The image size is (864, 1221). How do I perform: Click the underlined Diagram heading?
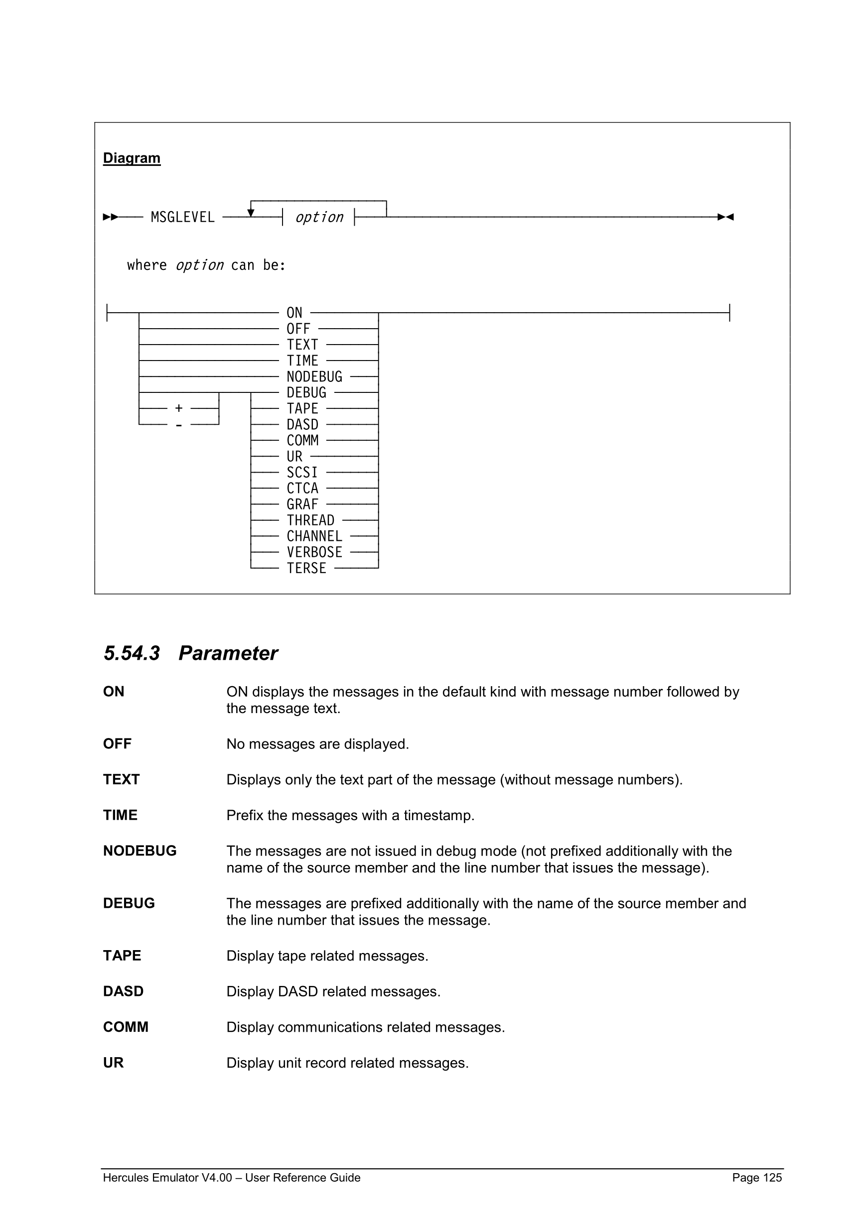click(x=132, y=158)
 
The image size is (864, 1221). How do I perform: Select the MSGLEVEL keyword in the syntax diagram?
click(x=182, y=217)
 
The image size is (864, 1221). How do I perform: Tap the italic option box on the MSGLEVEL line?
click(x=319, y=217)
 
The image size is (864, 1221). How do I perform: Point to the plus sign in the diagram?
click(x=179, y=408)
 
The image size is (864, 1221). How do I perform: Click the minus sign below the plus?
click(x=179, y=425)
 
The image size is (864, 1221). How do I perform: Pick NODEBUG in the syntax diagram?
click(x=314, y=376)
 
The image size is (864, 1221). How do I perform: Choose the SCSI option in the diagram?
click(x=301, y=472)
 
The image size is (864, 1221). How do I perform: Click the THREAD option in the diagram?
click(x=310, y=520)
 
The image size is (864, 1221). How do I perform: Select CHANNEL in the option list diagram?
click(x=314, y=536)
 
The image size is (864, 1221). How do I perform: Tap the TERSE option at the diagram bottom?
click(x=306, y=568)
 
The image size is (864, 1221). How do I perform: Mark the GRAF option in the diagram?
click(x=302, y=504)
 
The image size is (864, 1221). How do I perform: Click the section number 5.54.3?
click(x=132, y=653)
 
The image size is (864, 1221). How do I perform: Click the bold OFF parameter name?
click(x=117, y=743)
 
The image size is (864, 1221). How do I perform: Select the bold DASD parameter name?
click(x=123, y=991)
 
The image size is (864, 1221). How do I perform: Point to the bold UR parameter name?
click(x=113, y=1063)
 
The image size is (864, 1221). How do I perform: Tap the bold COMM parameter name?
click(x=126, y=1027)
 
